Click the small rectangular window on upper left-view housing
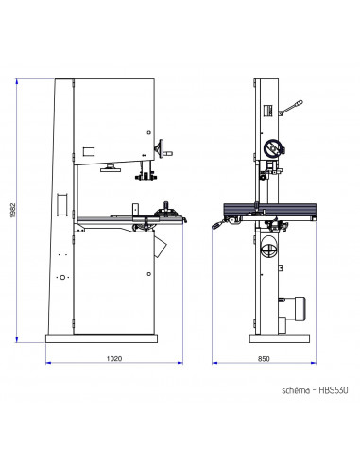(x=89, y=151)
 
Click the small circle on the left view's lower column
(x=61, y=278)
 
